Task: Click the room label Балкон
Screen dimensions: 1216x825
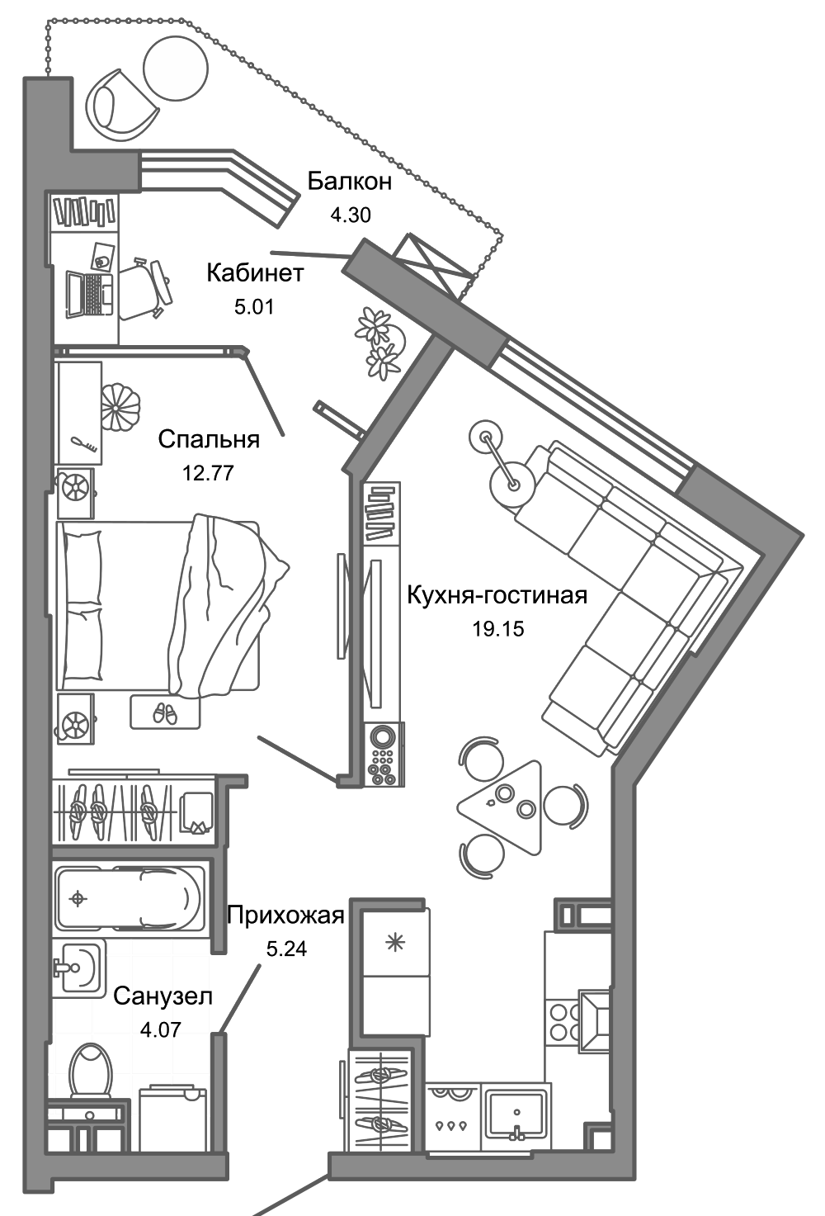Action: (x=349, y=182)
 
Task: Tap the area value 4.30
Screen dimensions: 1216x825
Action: (x=350, y=215)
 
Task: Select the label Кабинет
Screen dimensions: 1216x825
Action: (x=255, y=273)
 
